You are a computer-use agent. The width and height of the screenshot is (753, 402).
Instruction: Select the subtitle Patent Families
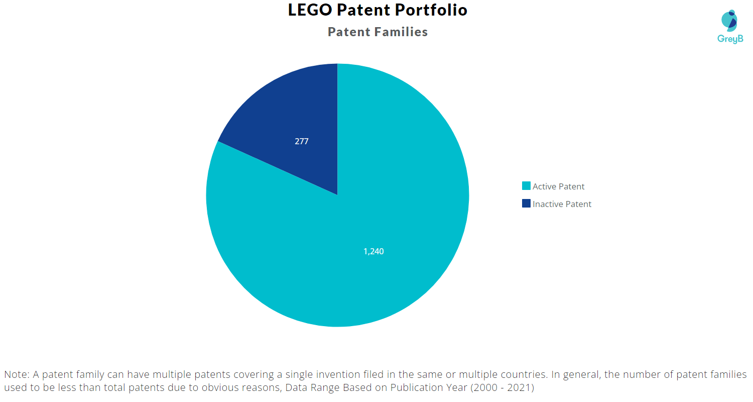378,32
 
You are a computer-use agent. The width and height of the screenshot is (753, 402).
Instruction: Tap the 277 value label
301,141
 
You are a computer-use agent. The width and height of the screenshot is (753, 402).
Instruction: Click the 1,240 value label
373,251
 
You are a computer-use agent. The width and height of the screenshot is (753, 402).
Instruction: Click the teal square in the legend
526,186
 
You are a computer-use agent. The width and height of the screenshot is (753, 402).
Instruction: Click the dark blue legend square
526,204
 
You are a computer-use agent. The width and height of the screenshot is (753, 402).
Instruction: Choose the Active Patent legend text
558,186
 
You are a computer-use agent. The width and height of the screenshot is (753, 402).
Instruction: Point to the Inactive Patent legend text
562,204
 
